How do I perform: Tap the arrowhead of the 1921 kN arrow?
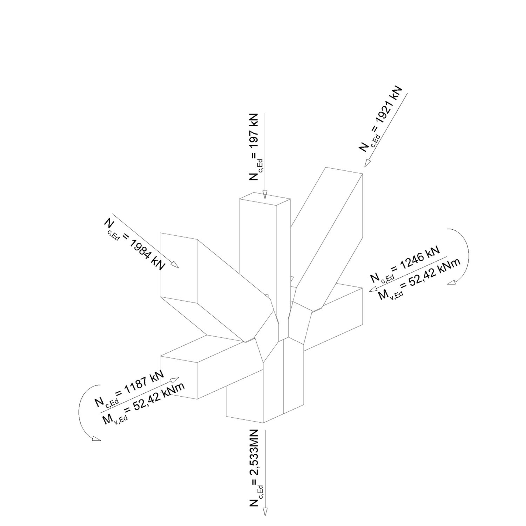point(367,163)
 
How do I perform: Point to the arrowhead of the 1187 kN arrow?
point(175,380)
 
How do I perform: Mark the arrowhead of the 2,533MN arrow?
point(265,519)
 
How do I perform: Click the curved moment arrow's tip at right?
point(451,283)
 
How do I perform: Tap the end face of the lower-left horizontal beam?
point(178,377)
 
